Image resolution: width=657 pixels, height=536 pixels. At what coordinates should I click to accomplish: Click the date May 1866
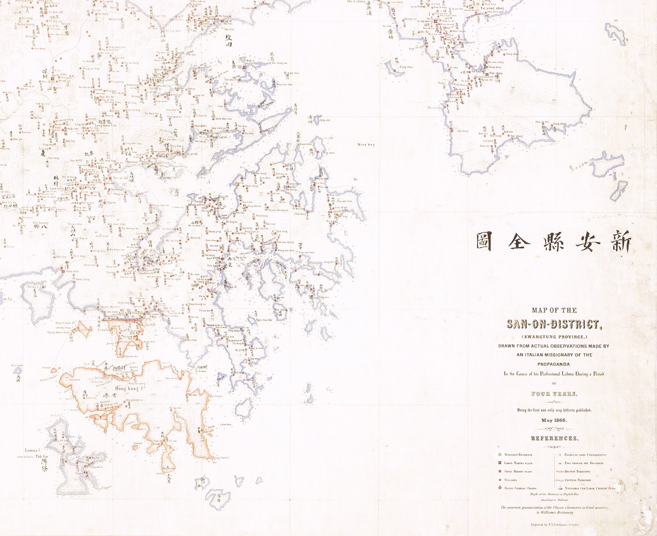[x=554, y=420]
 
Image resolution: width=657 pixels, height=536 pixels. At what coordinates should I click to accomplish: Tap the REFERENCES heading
[x=554, y=438]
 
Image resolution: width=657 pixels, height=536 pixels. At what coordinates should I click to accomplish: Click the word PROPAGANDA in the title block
[x=554, y=364]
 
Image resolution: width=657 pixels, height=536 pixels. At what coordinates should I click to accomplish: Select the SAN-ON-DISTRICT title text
[x=554, y=324]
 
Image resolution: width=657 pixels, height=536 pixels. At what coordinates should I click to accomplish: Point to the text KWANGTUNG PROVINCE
[x=554, y=337]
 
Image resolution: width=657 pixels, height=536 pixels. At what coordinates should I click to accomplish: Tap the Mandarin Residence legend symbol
[x=500, y=455]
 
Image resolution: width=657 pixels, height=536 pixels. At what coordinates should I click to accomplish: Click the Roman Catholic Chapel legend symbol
[x=500, y=488]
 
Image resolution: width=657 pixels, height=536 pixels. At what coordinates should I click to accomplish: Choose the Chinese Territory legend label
[x=578, y=480]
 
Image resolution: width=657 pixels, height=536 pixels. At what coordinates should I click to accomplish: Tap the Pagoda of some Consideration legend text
[x=585, y=455]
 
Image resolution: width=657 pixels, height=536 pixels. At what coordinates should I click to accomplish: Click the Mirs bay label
[x=366, y=145]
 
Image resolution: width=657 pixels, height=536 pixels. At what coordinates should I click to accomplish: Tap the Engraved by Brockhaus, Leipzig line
[x=554, y=524]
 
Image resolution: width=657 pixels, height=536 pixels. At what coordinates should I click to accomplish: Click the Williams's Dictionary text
[x=554, y=512]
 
